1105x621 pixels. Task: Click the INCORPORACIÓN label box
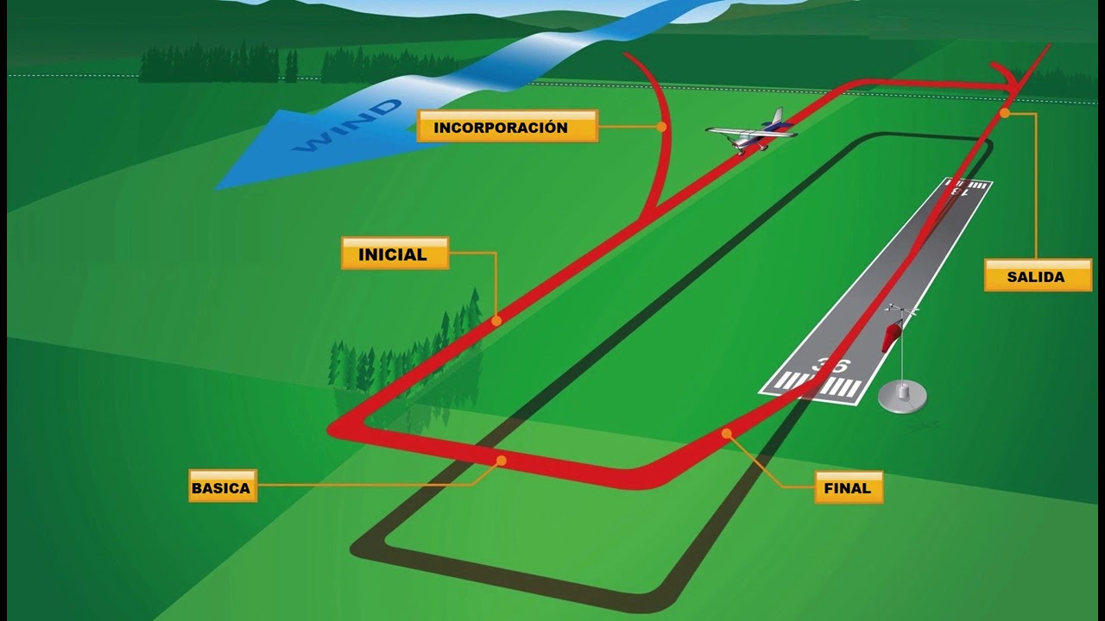507,127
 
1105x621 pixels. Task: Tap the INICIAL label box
395,254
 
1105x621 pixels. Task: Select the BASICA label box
223,486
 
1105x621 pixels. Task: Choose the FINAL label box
848,487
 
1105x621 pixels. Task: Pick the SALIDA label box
1037,276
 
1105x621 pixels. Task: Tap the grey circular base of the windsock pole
902,398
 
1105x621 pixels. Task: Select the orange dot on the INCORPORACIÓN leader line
661,127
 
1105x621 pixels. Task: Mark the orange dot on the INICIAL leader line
496,321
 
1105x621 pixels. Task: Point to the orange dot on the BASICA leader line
501,461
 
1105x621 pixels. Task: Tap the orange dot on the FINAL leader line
726,433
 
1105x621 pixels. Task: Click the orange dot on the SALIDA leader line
1004,113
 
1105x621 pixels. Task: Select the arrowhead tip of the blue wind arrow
218,186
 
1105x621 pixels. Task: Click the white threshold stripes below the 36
815,386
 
